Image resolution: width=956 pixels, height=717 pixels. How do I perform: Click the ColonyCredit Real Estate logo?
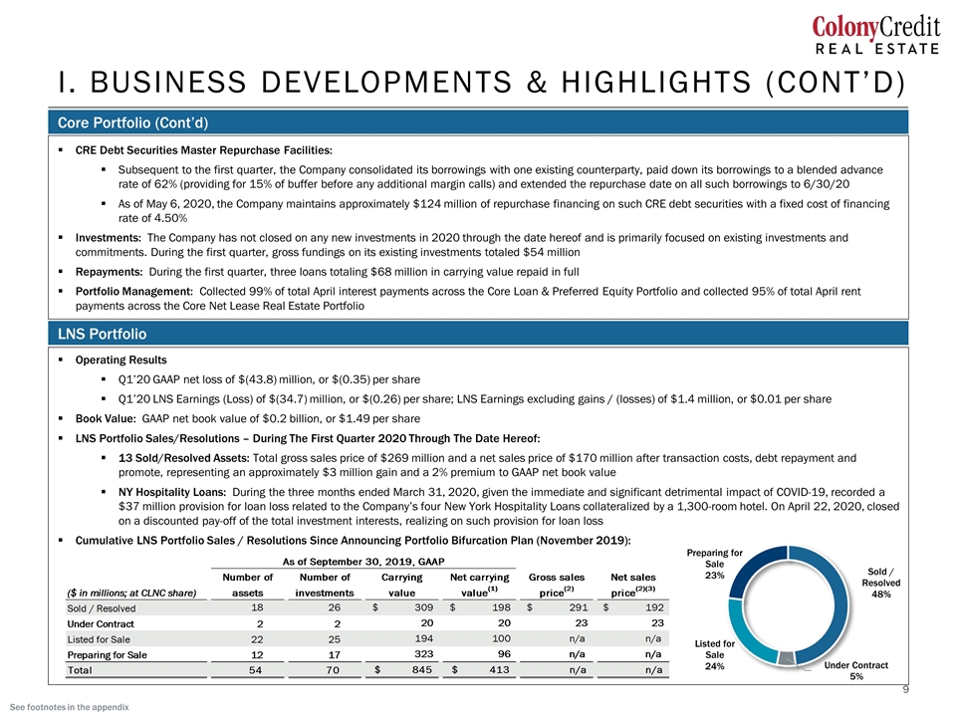(876, 36)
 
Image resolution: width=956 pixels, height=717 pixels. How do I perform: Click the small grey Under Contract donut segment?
(787, 658)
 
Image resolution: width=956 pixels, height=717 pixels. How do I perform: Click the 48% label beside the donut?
(881, 594)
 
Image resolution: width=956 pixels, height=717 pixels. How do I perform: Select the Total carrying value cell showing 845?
(422, 669)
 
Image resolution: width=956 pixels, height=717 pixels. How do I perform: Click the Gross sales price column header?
(557, 585)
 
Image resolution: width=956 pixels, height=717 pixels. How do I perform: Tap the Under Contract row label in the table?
(101, 623)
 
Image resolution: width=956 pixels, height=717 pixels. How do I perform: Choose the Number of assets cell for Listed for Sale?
(257, 639)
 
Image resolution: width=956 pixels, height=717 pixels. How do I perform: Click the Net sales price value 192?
(654, 607)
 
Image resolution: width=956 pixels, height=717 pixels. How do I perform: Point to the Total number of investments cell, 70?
(333, 669)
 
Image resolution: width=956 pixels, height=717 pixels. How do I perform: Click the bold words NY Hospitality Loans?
(172, 492)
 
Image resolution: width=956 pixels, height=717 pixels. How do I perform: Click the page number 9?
(905, 689)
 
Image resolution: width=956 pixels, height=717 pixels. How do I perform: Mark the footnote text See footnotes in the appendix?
(70, 707)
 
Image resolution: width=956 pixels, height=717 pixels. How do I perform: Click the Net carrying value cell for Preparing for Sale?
(503, 654)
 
